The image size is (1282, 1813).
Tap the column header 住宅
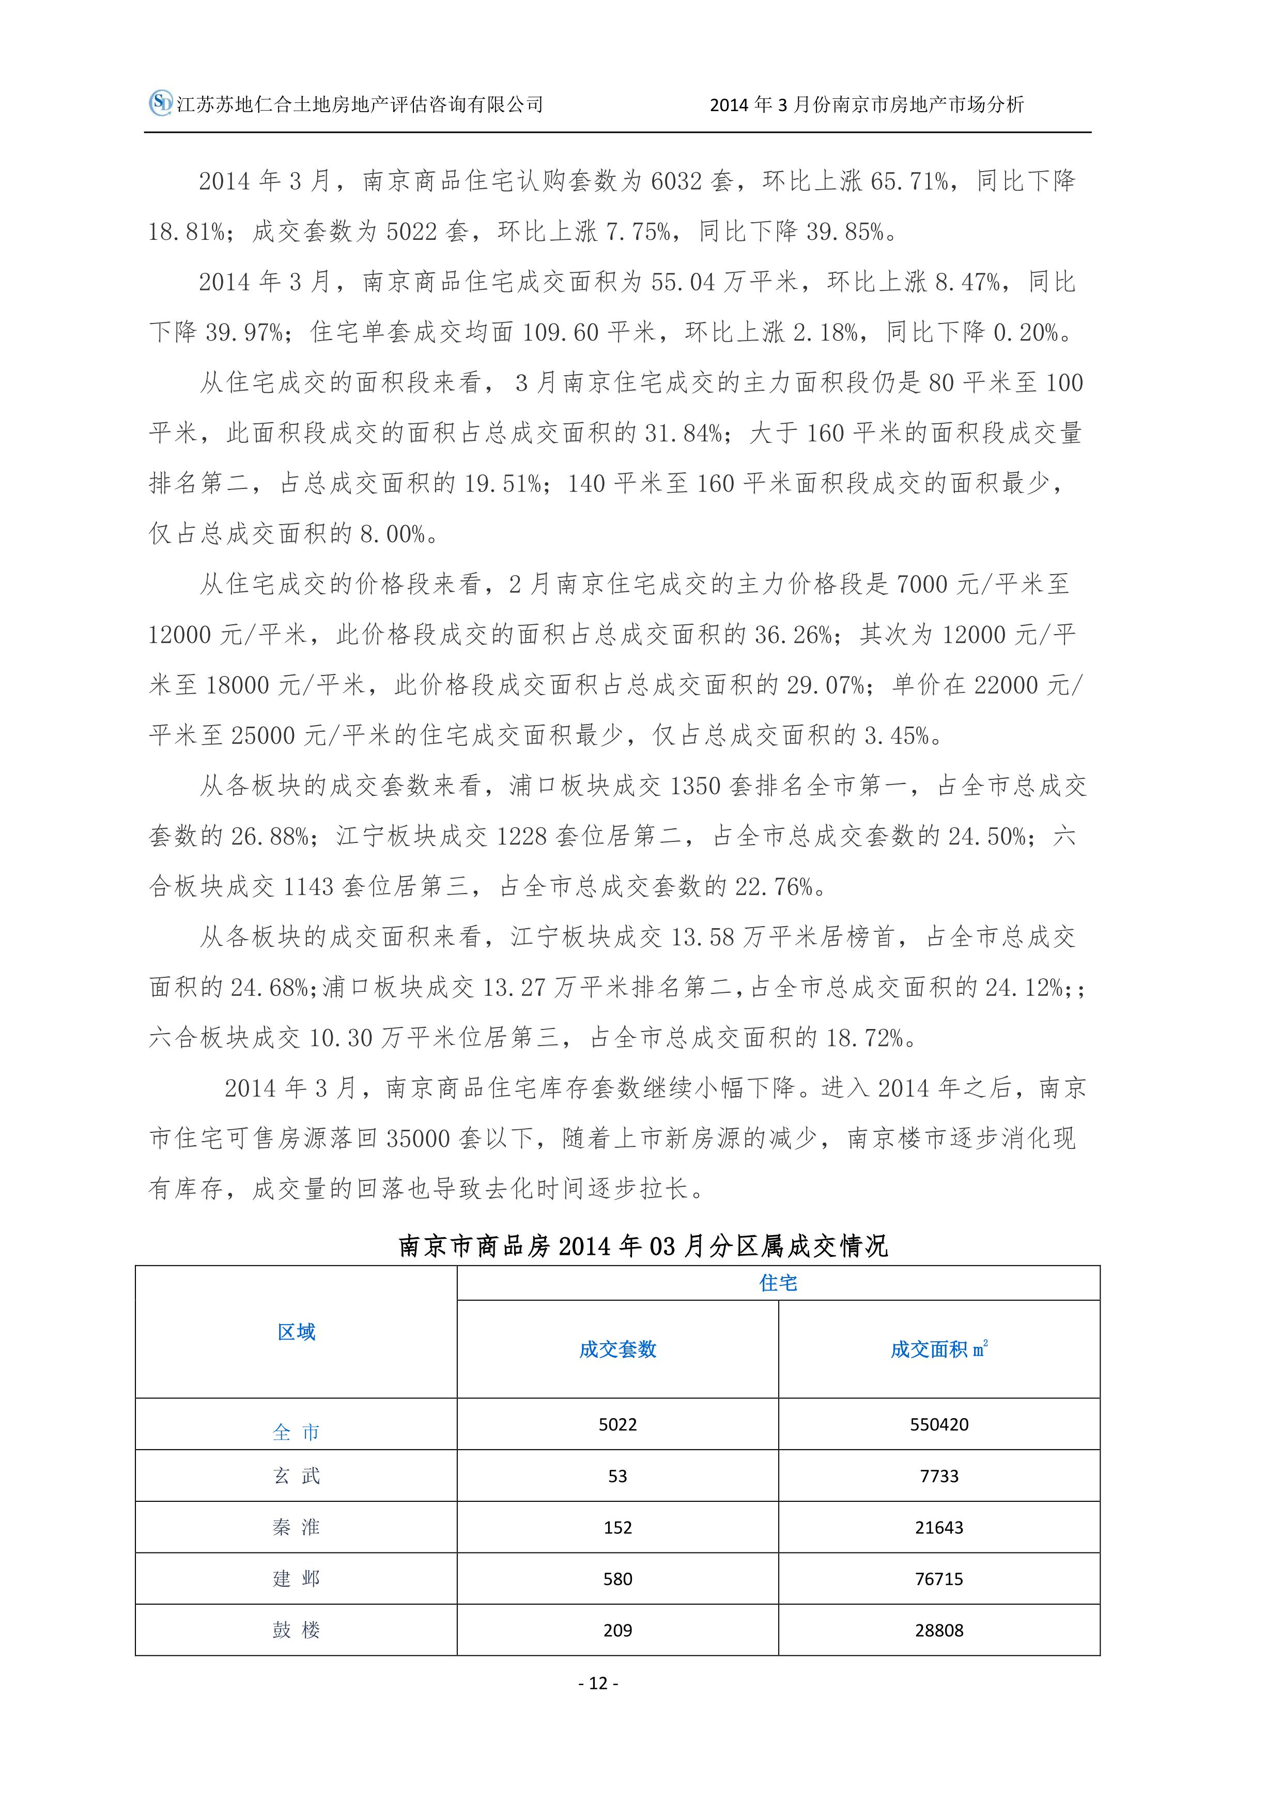point(778,1283)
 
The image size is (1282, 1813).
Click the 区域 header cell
point(296,1332)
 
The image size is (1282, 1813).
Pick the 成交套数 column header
point(617,1349)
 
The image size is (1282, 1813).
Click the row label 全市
point(296,1433)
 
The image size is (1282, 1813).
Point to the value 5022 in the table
point(617,1424)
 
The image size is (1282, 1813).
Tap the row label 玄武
point(296,1476)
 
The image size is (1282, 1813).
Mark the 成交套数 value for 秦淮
point(617,1527)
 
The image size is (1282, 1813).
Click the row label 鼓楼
point(296,1630)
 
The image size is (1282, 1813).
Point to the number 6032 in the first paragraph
point(676,181)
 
